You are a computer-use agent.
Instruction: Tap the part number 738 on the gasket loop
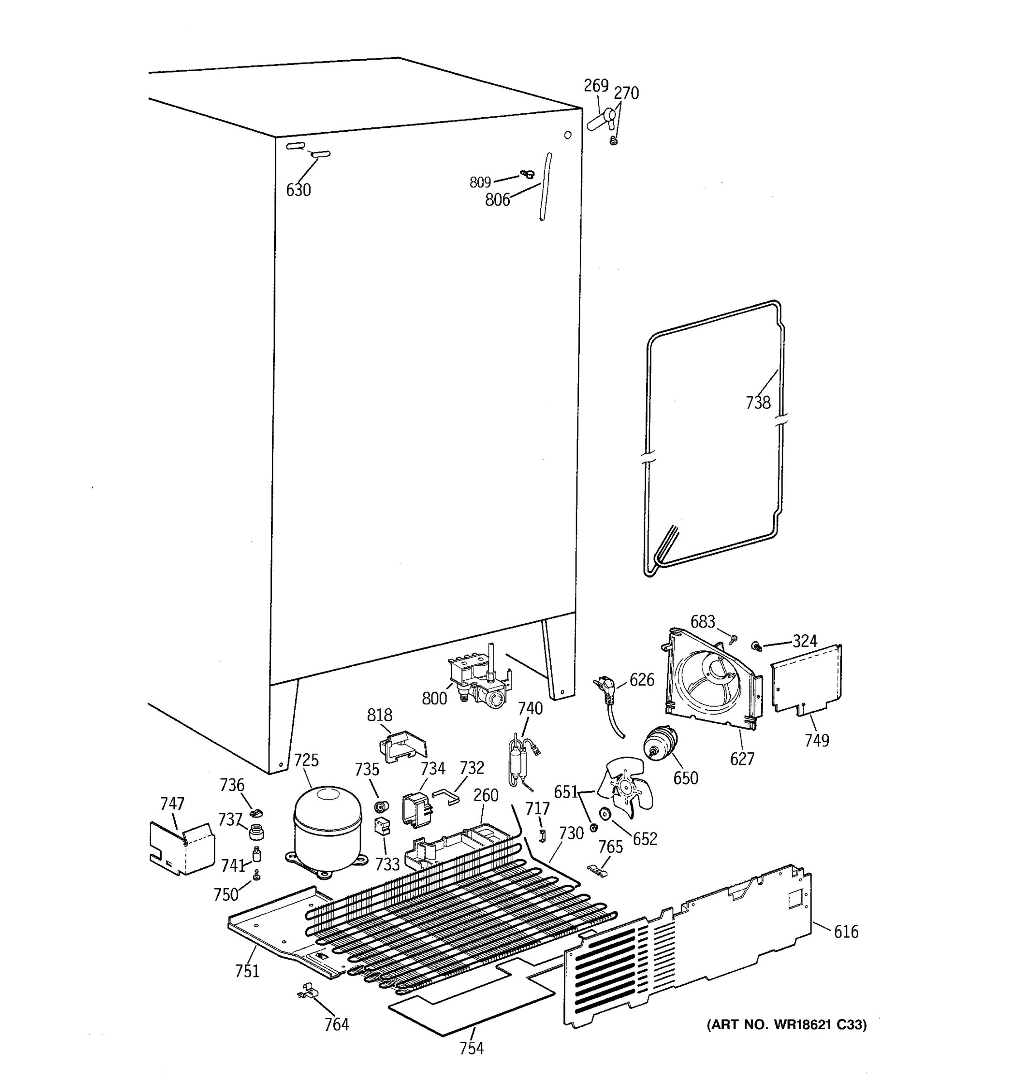[x=758, y=403]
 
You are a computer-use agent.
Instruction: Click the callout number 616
[x=846, y=931]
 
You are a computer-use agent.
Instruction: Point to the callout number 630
[x=298, y=190]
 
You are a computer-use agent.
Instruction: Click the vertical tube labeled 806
[x=546, y=187]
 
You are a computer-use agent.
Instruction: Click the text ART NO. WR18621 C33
[x=787, y=1024]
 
